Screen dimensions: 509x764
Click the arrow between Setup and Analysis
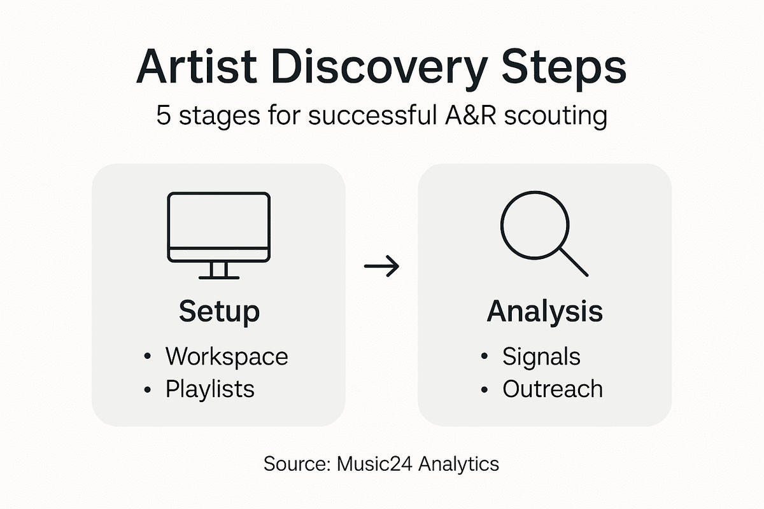381,266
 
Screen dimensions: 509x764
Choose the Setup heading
219,312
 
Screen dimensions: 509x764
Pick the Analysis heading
544,312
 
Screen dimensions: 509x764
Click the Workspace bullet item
227,356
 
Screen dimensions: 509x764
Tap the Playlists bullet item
210,389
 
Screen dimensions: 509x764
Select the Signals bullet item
541,356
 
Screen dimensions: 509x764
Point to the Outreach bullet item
552,389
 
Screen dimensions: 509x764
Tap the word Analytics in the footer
458,463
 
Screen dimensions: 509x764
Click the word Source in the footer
294,463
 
